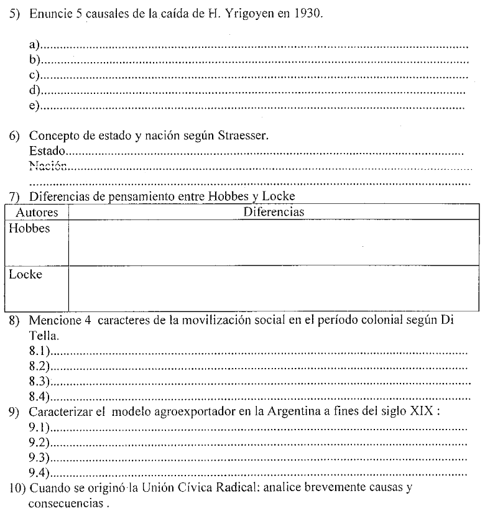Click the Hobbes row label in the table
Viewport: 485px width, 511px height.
point(29,229)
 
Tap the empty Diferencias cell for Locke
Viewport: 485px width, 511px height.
point(274,288)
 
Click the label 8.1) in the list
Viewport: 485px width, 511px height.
point(39,352)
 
